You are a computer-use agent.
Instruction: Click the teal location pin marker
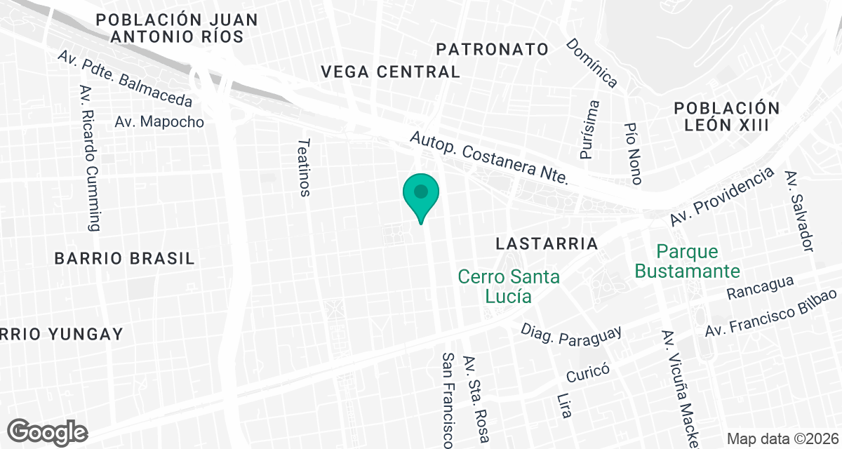pos(420,194)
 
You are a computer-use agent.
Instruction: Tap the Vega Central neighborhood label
pos(390,72)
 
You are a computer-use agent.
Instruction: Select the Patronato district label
pos(492,49)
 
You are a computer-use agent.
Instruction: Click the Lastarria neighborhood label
pos(547,243)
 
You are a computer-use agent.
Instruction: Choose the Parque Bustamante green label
pos(688,261)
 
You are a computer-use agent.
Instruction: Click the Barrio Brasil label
pos(124,258)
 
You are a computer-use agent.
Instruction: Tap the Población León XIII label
pos(727,116)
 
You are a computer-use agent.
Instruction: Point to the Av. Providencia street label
pos(721,196)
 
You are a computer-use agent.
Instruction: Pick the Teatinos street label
pos(304,167)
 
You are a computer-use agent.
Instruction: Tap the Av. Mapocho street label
pos(159,121)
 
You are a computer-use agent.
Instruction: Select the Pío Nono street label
pos(633,154)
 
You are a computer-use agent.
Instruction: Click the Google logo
pos(48,431)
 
